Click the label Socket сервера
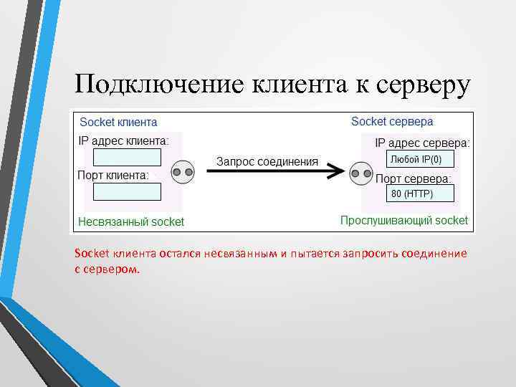point(392,122)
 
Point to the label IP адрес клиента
point(123,140)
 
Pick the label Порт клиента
point(113,175)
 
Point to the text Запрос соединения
point(267,161)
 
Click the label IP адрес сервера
point(423,143)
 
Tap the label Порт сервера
point(414,178)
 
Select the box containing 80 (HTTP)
point(412,194)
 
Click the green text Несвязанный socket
point(131,222)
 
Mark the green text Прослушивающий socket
point(403,221)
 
